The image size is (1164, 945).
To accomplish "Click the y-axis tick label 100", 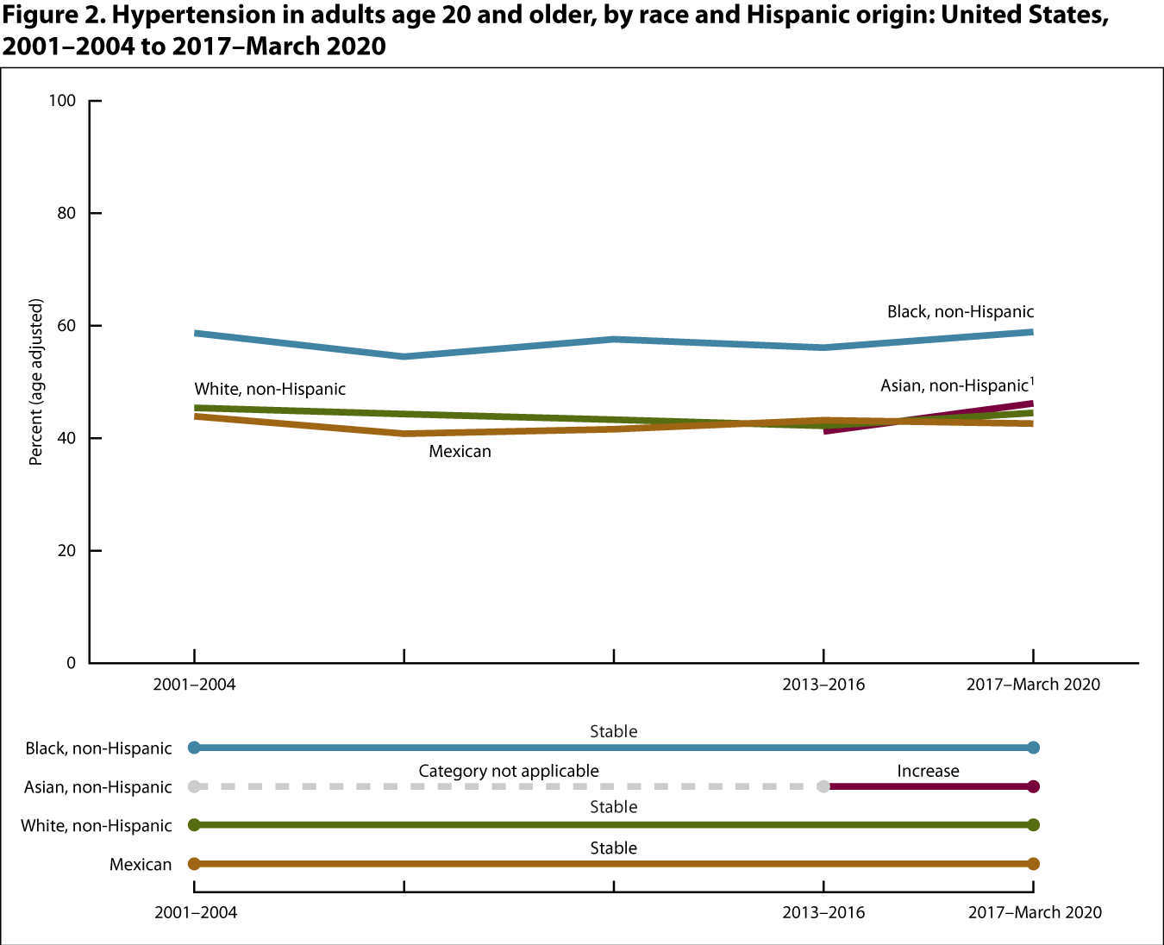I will [62, 101].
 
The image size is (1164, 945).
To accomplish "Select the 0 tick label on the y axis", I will [71, 663].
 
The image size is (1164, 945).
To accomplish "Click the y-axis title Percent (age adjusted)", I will [36, 382].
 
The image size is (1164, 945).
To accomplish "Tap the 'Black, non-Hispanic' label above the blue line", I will [961, 312].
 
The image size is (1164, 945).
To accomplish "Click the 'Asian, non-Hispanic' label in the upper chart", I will [954, 385].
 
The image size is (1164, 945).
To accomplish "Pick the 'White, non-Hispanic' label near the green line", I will [270, 390].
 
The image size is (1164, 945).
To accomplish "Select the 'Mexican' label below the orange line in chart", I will [460, 452].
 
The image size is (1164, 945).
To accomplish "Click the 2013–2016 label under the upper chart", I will [823, 685].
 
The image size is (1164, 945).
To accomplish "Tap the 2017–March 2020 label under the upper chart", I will [1033, 685].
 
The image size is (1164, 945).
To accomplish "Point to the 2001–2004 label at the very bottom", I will [196, 912].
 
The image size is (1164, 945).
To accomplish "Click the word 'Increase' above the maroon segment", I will [928, 772].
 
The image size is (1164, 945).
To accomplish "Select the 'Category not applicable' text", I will [509, 772].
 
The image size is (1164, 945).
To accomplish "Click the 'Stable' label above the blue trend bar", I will [614, 732].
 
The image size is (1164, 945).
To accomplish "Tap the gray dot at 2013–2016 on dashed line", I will [823, 786].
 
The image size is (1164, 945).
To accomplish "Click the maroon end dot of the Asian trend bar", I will [1034, 786].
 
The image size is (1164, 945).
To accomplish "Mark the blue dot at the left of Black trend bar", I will [194, 748].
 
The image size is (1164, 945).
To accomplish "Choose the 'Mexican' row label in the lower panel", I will [141, 865].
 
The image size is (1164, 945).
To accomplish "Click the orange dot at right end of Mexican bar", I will [1034, 864].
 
